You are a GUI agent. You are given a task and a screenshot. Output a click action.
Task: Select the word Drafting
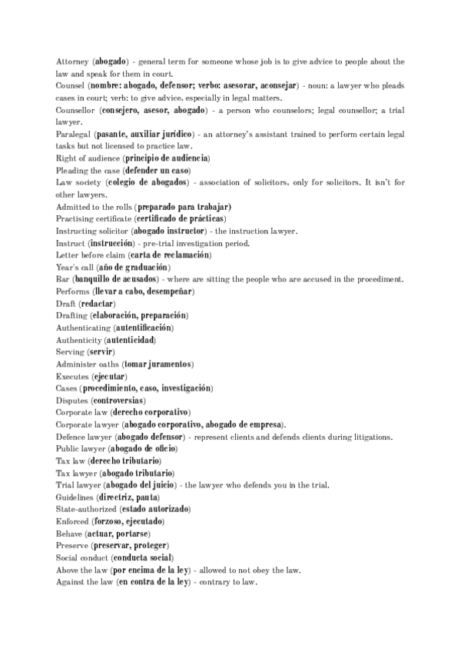(71, 315)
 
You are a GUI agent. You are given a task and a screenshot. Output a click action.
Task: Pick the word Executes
(72, 376)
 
